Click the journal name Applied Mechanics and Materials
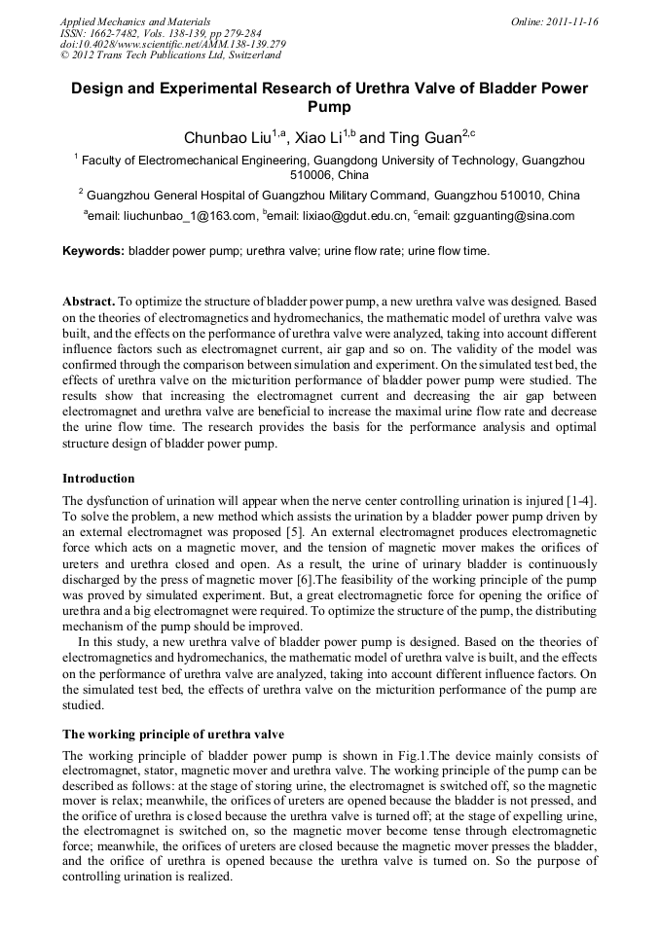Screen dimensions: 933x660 (x=134, y=21)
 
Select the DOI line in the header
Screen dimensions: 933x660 (x=172, y=45)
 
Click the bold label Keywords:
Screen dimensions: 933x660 (x=93, y=251)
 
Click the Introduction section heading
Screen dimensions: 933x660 (x=98, y=479)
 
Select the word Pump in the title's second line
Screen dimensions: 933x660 (x=329, y=106)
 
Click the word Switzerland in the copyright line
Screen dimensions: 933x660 (x=245, y=56)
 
